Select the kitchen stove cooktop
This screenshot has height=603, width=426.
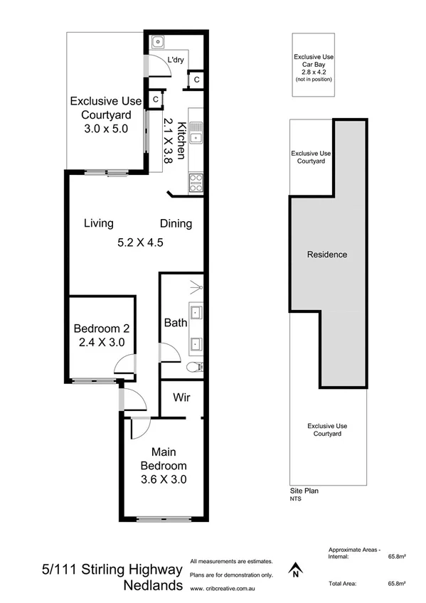coord(196,183)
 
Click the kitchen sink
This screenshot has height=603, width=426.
coord(196,132)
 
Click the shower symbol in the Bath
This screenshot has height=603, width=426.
coord(195,289)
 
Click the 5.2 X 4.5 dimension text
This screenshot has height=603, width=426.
coord(141,242)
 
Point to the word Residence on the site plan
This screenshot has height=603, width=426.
coord(326,254)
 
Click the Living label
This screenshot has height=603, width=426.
coord(99,223)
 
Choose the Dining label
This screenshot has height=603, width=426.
coord(176,224)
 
